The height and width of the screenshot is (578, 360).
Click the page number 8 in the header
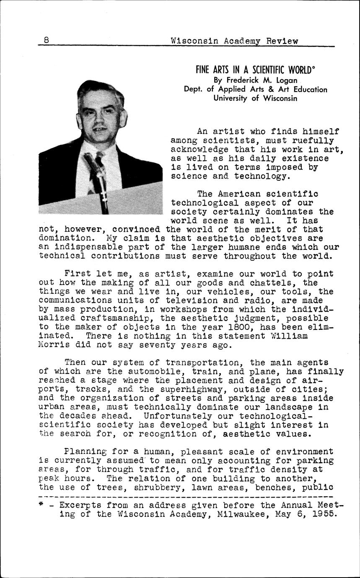pyautogui.click(x=46, y=40)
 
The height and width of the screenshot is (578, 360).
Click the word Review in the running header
pyautogui.click(x=284, y=41)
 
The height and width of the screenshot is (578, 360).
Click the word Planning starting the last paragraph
pyautogui.click(x=85, y=452)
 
